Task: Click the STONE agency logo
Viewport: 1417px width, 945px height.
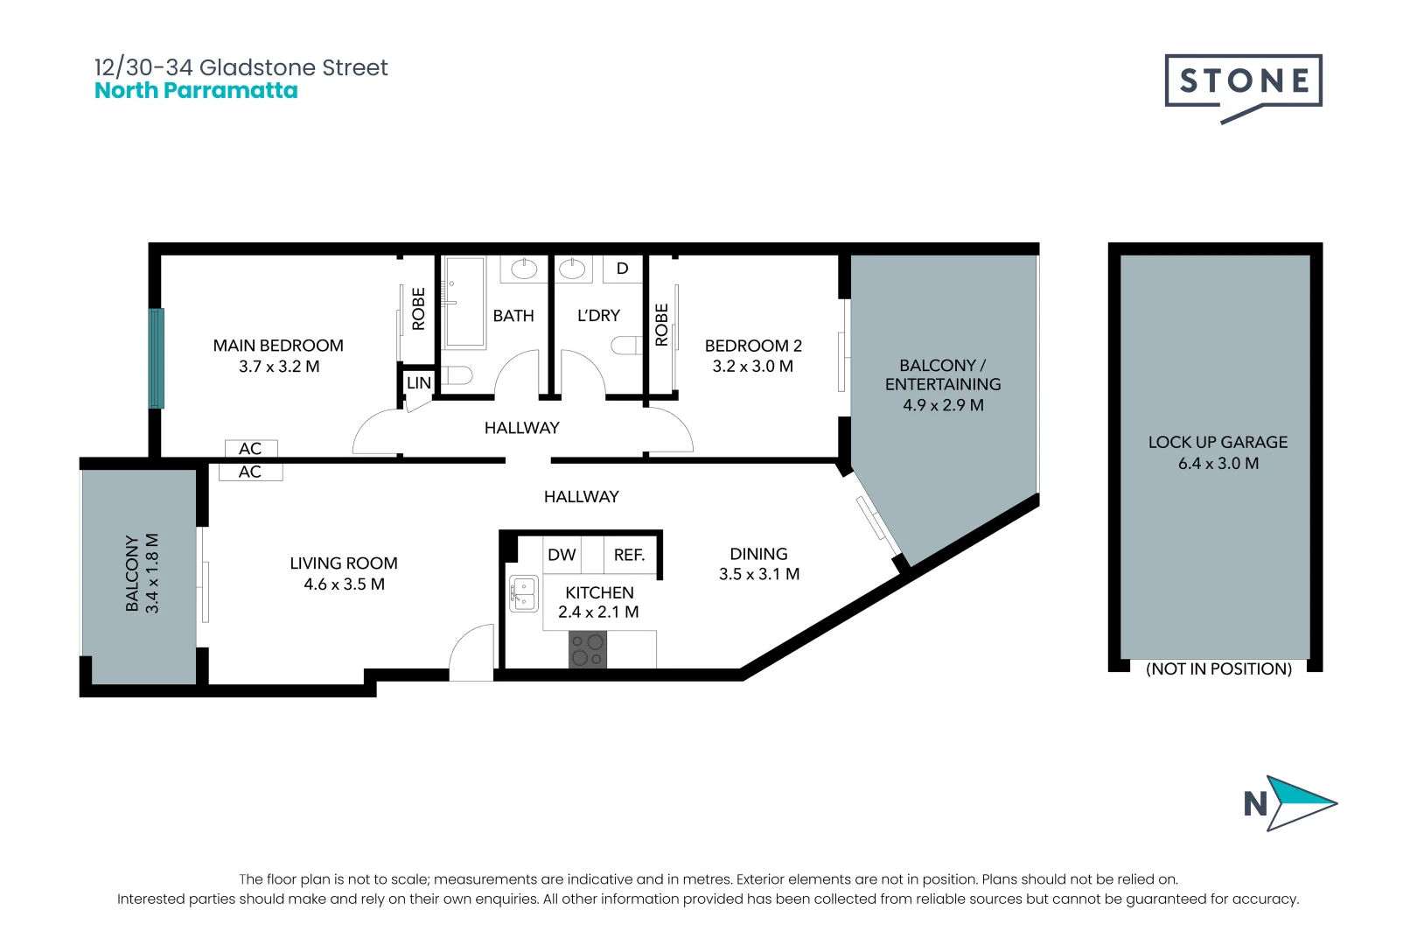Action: point(1243,82)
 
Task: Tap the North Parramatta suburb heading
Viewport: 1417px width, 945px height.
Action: point(196,91)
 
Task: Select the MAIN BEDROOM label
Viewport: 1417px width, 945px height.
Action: point(278,346)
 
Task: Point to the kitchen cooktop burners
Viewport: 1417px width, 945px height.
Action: point(587,650)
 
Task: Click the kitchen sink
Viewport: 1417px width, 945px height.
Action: point(523,594)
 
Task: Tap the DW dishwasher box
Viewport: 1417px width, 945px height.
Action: point(562,555)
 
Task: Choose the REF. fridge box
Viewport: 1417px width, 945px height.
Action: point(629,555)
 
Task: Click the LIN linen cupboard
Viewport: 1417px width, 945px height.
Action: point(419,382)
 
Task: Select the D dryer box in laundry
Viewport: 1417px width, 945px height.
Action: point(622,269)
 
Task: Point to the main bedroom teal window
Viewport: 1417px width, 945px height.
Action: point(157,358)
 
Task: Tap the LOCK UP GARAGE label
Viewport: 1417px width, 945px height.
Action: point(1218,442)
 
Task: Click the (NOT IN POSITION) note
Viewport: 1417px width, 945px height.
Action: point(1218,668)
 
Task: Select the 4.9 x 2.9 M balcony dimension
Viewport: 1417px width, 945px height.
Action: point(943,405)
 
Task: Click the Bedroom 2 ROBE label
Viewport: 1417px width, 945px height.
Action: point(662,325)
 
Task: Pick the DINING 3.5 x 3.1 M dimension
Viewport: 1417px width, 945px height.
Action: point(759,574)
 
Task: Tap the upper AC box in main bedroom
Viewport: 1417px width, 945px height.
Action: point(251,449)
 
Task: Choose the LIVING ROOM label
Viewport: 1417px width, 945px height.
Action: point(344,563)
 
